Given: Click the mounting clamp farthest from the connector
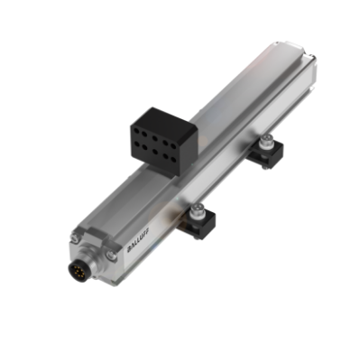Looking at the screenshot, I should coord(268,153).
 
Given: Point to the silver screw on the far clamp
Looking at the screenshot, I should coord(269,142).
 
